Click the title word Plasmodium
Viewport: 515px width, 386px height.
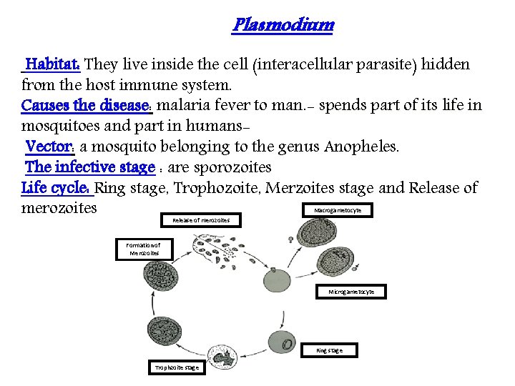[283, 26]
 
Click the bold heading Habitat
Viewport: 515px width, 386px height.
[53, 65]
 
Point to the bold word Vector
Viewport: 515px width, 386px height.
[49, 147]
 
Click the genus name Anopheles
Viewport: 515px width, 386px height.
[361, 147]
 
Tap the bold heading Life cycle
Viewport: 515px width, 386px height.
[56, 189]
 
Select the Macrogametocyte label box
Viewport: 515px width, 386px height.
[343, 210]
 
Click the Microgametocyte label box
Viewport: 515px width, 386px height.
[351, 292]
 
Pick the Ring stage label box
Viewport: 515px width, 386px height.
[329, 350]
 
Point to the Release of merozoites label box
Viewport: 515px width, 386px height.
[201, 220]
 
